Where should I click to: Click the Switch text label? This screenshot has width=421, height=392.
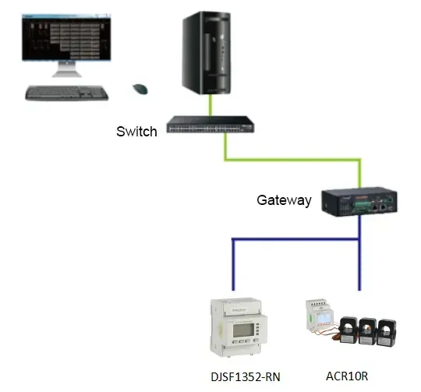tap(136, 131)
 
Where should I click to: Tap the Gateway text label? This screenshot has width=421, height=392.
tap(284, 200)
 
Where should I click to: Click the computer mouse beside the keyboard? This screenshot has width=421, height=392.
tap(141, 89)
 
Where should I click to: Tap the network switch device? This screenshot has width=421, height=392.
tap(210, 125)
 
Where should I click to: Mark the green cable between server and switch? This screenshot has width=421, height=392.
tap(209, 106)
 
